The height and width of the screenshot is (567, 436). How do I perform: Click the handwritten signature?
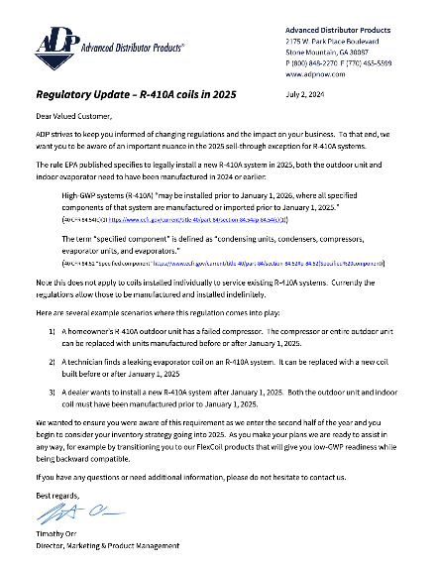point(68,513)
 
